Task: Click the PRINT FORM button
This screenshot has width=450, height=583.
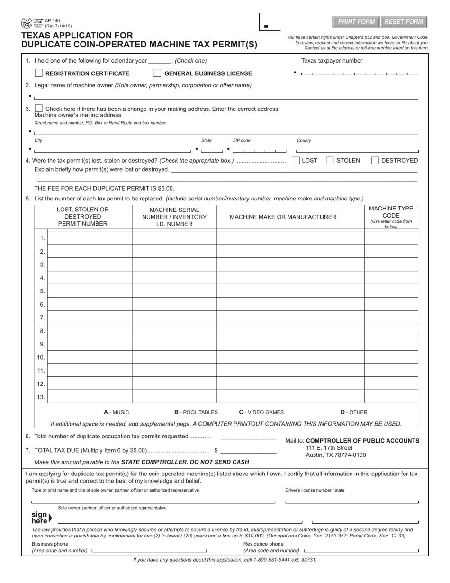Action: click(x=356, y=22)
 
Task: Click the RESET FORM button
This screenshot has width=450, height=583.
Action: click(x=404, y=22)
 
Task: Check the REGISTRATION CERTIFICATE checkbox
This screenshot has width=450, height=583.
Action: click(x=39, y=73)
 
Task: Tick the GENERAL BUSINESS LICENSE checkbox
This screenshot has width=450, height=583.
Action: click(x=157, y=73)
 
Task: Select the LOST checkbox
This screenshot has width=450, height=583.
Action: click(x=296, y=161)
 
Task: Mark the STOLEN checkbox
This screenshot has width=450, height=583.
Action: click(x=330, y=161)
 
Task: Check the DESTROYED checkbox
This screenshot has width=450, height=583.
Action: click(x=375, y=161)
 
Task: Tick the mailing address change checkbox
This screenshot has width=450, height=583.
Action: click(x=39, y=109)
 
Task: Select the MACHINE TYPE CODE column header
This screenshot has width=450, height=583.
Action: click(x=391, y=217)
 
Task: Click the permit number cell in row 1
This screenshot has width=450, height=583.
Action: click(x=90, y=238)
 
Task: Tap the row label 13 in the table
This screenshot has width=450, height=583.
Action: click(x=41, y=397)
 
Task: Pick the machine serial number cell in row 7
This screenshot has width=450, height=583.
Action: click(x=174, y=317)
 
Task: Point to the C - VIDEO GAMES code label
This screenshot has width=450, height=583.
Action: click(x=261, y=412)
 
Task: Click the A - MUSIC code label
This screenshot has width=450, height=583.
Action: click(x=117, y=412)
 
